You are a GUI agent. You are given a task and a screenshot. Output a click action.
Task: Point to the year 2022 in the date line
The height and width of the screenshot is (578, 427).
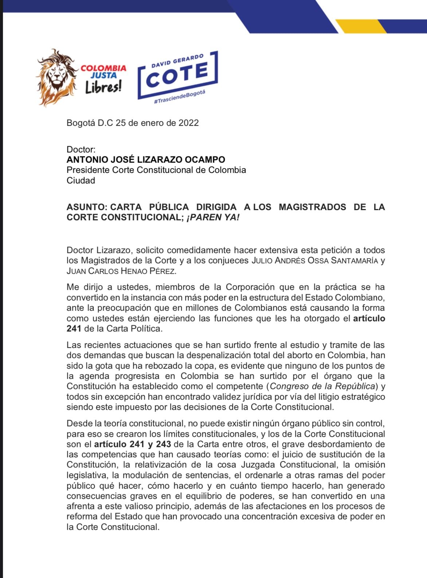[x=188, y=123]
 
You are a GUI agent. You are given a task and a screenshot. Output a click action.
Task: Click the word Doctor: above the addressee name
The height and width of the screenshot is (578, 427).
[x=81, y=149]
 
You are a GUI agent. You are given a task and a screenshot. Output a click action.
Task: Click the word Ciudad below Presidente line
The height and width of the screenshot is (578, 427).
[x=81, y=180]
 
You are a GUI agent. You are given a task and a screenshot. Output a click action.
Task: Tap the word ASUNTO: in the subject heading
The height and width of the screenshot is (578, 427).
[x=87, y=207]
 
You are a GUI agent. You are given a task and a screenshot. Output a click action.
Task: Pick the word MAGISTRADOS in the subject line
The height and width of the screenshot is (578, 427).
[x=312, y=207]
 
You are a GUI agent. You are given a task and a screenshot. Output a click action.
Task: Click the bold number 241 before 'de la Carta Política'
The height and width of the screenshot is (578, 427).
[x=74, y=329]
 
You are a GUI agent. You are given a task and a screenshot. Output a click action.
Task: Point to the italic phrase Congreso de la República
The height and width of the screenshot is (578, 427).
[x=322, y=386]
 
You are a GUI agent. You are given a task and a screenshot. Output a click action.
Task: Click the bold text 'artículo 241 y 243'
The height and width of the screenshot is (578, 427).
[x=133, y=444]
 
